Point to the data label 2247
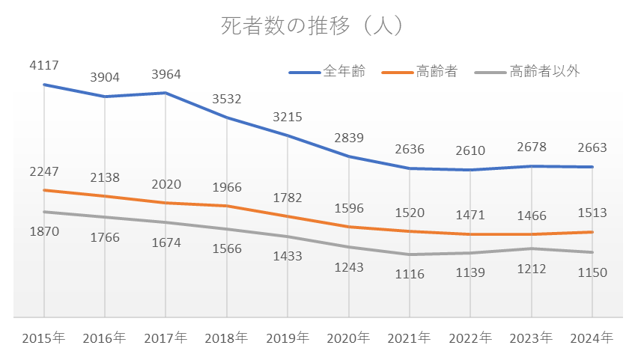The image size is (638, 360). tap(43, 171)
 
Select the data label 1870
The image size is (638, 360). tap(43, 231)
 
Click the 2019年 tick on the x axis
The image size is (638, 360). tap(287, 338)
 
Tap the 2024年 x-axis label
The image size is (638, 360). tap(592, 338)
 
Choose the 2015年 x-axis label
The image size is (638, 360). tap(43, 338)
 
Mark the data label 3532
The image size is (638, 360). tap(227, 98)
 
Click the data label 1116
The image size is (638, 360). tap(410, 274)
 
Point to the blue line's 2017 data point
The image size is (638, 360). tap(165, 93)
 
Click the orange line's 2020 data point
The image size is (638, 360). tap(348, 227)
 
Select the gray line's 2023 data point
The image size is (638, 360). tap(531, 248)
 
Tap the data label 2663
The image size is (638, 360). tap(592, 148)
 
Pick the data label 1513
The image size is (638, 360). tap(592, 213)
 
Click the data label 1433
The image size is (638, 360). tap(287, 256)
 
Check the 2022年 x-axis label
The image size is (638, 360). tap(470, 338)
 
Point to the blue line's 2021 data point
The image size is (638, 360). tap(410, 168)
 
